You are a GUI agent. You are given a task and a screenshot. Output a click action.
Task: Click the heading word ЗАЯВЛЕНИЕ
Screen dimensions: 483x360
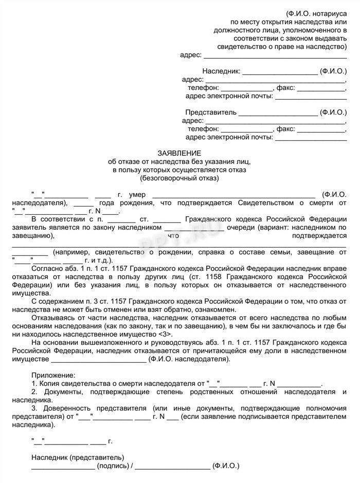click(x=179, y=153)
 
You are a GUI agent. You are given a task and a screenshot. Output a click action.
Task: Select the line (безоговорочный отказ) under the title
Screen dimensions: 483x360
click(x=179, y=178)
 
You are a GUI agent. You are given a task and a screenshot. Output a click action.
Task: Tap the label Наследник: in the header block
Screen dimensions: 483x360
click(x=221, y=71)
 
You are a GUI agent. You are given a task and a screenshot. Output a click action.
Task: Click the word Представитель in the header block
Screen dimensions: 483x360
click(x=211, y=112)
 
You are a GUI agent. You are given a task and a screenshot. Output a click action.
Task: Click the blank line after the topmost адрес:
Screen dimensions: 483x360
click(x=275, y=55)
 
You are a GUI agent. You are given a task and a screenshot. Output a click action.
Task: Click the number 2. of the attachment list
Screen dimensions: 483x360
click(x=34, y=392)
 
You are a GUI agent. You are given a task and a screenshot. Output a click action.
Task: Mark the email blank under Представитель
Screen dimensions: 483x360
click(x=311, y=137)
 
